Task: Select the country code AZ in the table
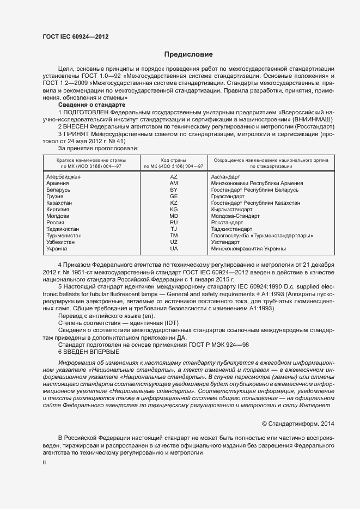pyautogui.click(x=174, y=177)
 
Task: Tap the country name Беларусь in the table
pyautogui.click(x=59, y=190)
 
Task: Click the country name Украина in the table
pyautogui.click(x=57, y=249)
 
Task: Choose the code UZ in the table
pyautogui.click(x=174, y=242)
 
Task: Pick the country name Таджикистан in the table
pyautogui.click(x=63, y=229)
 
